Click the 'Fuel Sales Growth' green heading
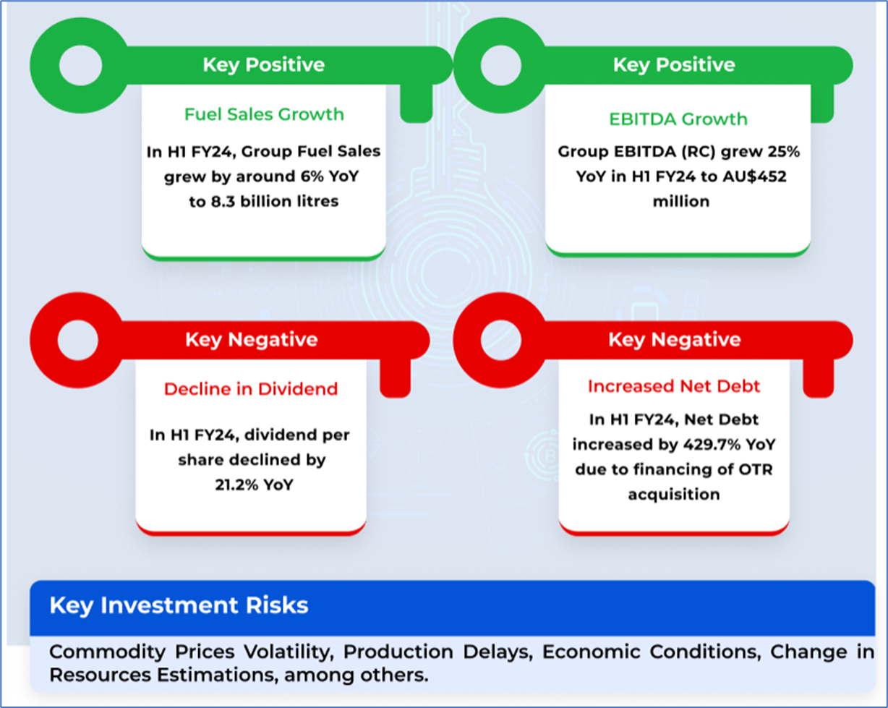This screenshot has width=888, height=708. pos(264,114)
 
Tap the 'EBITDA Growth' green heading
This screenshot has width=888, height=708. pos(678,119)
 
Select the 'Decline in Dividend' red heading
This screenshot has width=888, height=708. pos(251,389)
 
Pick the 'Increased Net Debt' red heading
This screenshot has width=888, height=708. pos(674,386)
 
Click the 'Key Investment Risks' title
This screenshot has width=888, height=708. pos(179,605)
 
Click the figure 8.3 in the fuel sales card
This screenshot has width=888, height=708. pos(223,202)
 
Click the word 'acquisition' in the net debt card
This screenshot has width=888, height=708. pos(674,495)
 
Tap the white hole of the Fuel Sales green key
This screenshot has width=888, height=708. pos(80,66)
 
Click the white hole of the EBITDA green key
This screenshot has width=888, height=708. pos(501,66)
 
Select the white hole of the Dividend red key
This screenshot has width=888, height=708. pos(78,341)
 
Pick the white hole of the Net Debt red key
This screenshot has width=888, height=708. pos(501,341)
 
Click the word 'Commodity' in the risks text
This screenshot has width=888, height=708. pos(107,652)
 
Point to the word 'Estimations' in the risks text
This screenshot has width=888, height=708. pos(215,675)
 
